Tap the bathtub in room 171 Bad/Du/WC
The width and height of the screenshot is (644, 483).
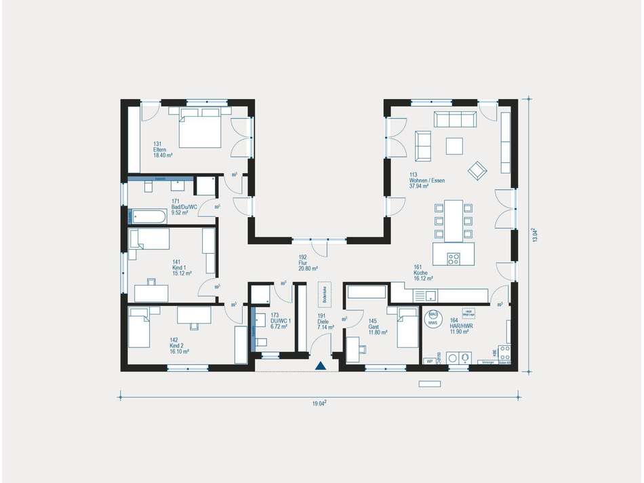click(x=148, y=217)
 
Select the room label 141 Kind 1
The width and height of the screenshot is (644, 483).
click(x=177, y=265)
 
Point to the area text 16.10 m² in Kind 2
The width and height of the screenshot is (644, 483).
click(x=179, y=351)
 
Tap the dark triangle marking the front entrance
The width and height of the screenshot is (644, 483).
click(x=321, y=366)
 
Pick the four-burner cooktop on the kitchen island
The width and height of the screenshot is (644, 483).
click(x=453, y=258)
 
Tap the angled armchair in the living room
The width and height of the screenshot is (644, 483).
click(x=477, y=170)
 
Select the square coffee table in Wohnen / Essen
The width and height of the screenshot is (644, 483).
click(x=454, y=146)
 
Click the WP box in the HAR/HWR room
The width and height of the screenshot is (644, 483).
click(x=429, y=362)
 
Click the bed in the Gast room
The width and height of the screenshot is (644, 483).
click(x=407, y=327)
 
